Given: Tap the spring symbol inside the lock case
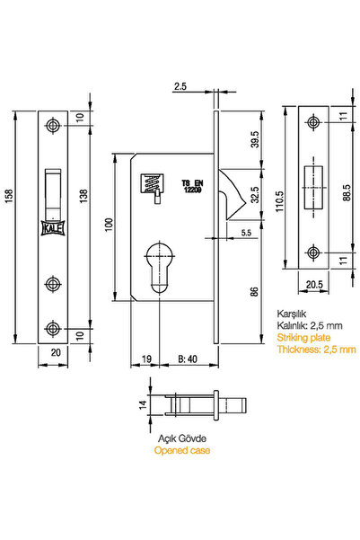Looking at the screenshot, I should click(151, 184).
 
